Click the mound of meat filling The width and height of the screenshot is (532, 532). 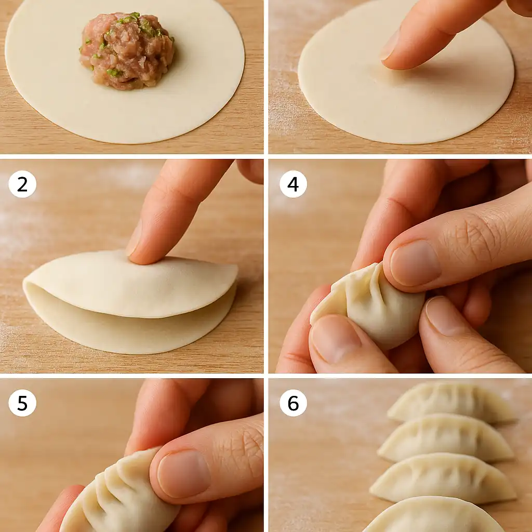[x=127, y=51]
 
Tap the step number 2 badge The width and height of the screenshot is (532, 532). [x=22, y=184]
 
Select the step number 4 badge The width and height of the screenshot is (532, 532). [x=293, y=184]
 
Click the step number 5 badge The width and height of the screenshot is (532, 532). [x=22, y=403]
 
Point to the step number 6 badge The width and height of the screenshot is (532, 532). [x=293, y=403]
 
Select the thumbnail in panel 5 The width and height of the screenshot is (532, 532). [x=183, y=473]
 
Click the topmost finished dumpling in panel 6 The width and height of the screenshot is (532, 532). [x=452, y=403]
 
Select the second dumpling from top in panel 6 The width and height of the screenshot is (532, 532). [x=446, y=437]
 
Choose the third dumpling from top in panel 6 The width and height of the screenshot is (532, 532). [x=443, y=478]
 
